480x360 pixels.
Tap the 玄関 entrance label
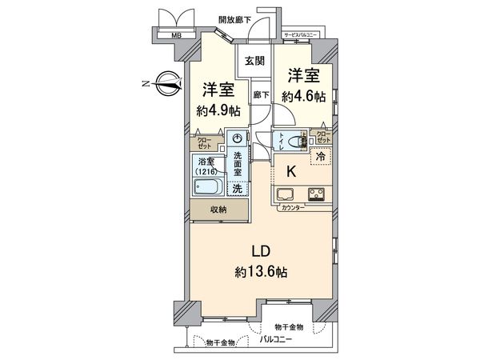click(254, 62)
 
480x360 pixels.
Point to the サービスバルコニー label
click(303, 35)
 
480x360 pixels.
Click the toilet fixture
click(298, 142)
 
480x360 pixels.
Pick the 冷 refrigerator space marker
click(322, 157)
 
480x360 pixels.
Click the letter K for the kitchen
click(293, 170)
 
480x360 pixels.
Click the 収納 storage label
click(219, 210)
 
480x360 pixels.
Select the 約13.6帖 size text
click(258, 272)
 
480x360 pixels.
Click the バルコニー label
click(275, 342)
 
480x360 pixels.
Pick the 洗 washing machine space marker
click(237, 190)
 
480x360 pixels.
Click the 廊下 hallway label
click(260, 94)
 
